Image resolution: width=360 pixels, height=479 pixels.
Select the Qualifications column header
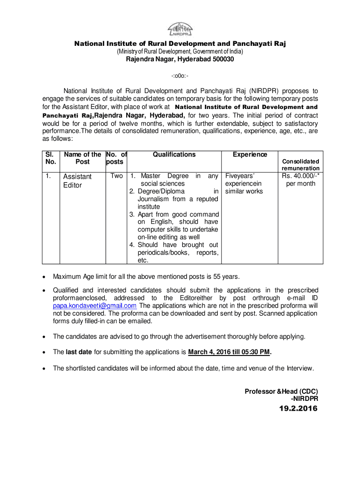point(174,154)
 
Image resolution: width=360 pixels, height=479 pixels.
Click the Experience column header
point(250,154)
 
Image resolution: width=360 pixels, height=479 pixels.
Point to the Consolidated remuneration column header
point(301,165)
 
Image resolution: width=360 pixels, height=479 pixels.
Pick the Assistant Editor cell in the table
point(78,181)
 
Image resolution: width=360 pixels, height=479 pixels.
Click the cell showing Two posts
point(117,176)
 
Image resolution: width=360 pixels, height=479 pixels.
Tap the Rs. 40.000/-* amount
point(301,176)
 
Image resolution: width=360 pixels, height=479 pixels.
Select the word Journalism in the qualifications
point(154,199)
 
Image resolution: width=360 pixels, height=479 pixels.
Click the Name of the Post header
point(82,158)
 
